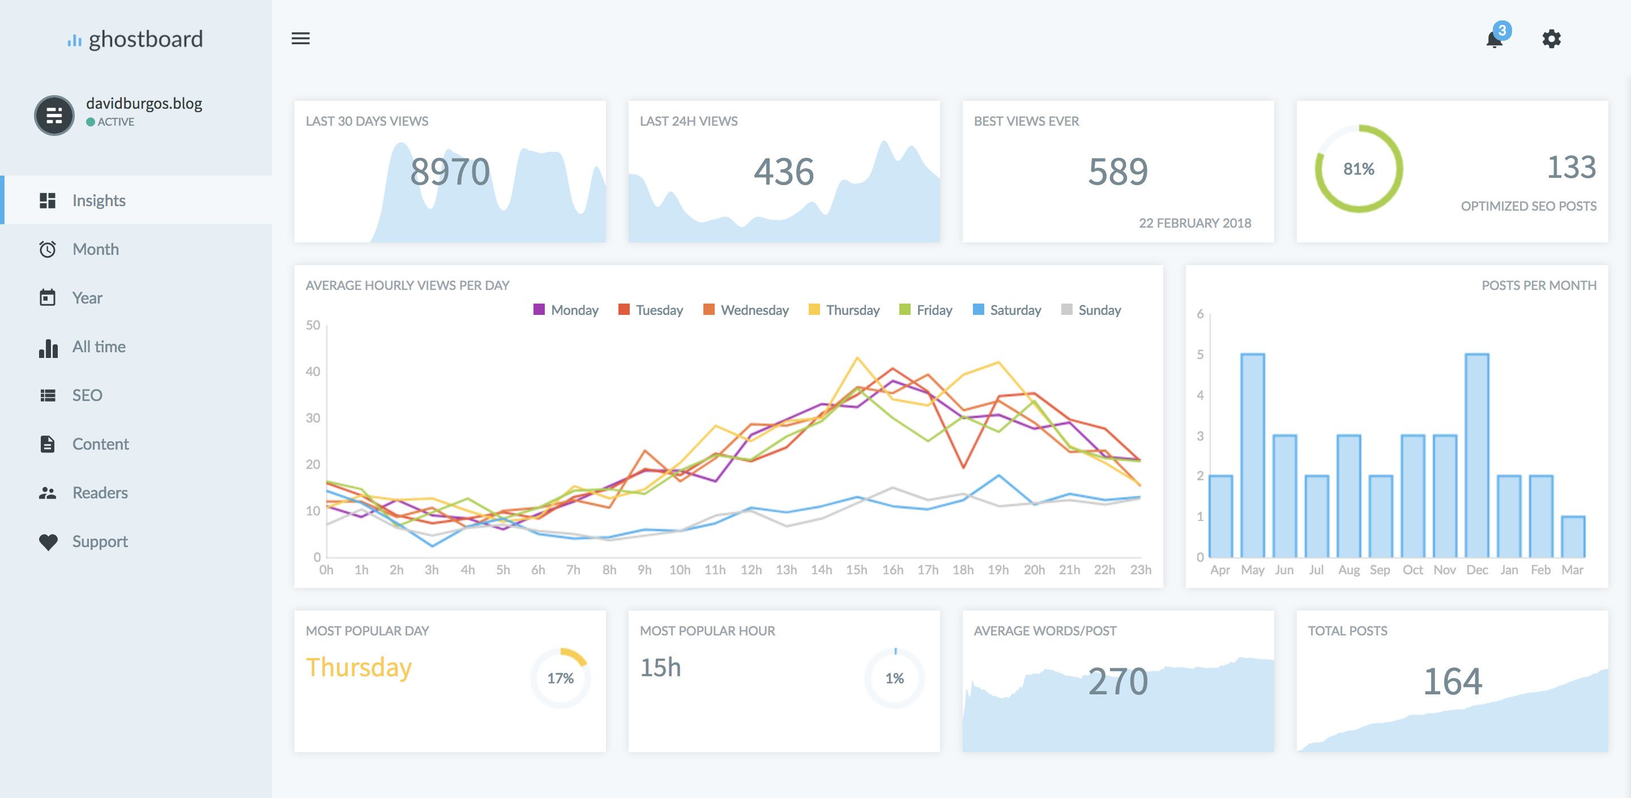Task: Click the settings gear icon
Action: tap(1551, 39)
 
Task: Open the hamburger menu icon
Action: tap(300, 39)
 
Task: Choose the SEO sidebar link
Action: tap(87, 395)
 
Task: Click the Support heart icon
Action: tap(48, 541)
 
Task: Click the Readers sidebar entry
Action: tap(100, 493)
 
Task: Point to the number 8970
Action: tap(450, 172)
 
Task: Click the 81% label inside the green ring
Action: tap(1359, 169)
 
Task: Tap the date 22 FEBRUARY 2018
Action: tap(1194, 223)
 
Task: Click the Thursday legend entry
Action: tap(844, 310)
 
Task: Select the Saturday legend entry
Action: tap(1007, 310)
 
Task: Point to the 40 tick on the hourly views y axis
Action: tap(313, 372)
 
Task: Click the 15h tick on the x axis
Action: tap(856, 570)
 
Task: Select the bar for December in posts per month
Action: tap(1476, 456)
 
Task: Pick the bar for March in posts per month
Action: tap(1573, 537)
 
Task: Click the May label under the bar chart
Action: tap(1252, 570)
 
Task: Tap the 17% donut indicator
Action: tap(560, 678)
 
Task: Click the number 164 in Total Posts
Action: tap(1452, 682)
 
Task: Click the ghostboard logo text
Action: tap(145, 39)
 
